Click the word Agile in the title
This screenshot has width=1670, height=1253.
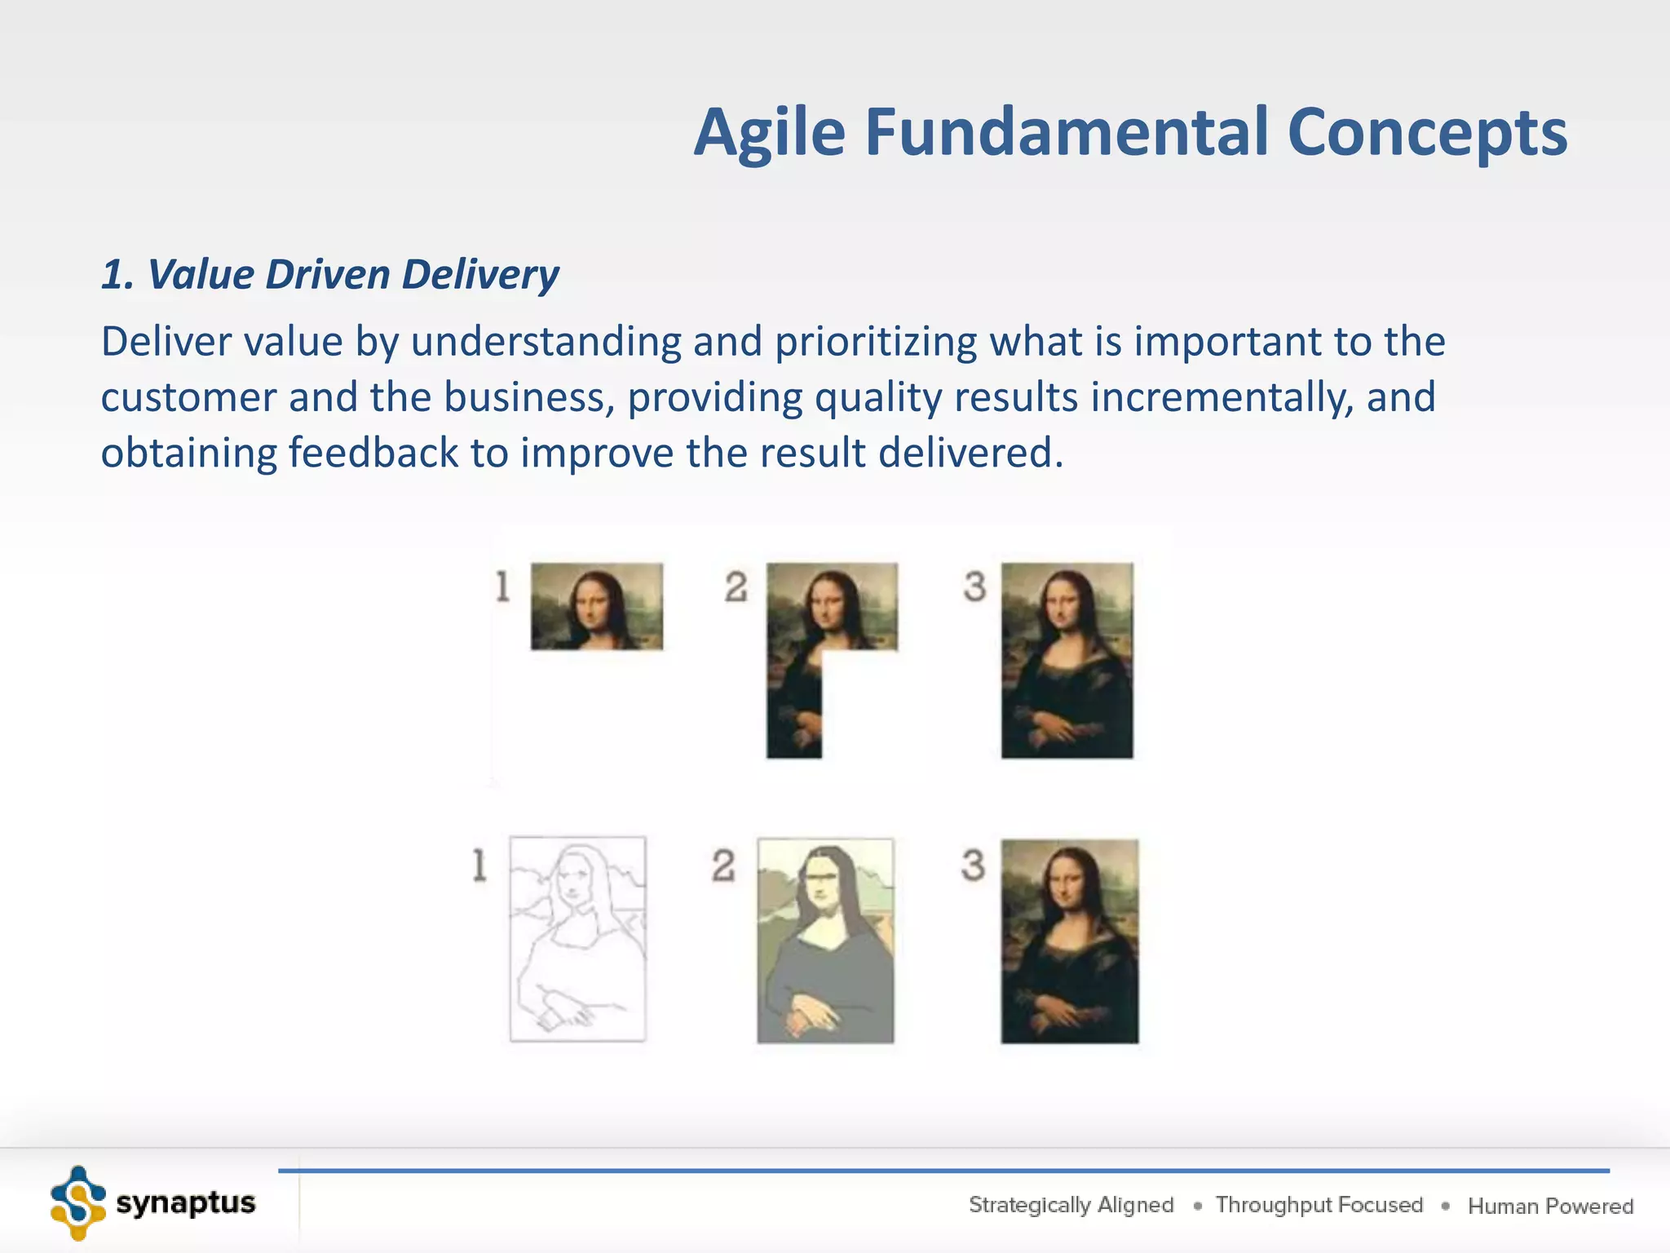coord(770,133)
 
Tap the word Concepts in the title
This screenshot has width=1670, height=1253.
coord(1427,133)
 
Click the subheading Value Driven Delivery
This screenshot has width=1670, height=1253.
coord(330,274)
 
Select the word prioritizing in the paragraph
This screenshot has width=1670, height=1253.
coord(876,341)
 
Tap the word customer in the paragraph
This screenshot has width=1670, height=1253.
coord(188,397)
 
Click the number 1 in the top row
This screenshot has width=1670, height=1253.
coord(502,587)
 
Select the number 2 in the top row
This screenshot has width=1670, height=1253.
coord(736,587)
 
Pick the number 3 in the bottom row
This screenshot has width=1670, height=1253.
coord(973,865)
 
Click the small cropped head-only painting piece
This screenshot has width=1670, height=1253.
coord(597,606)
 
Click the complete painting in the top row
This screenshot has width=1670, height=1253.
coord(1067,661)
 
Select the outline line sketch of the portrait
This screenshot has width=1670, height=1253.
coord(577,938)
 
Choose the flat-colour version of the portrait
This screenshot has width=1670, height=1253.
coord(825,940)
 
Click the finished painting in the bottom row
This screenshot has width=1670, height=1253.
coord(1069,941)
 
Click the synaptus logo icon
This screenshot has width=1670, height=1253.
coord(78,1202)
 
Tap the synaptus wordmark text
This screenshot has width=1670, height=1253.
coord(186,1202)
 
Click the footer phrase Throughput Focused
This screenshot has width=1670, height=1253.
coord(1319,1205)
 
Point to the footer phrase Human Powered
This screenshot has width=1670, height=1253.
coord(1550,1206)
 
